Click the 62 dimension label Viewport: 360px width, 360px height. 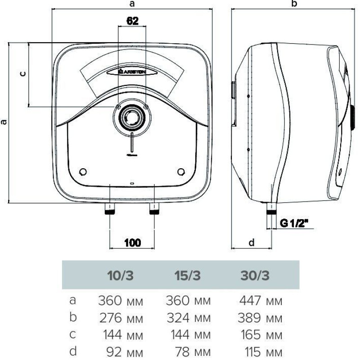point(132,21)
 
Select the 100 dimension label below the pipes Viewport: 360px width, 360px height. point(132,243)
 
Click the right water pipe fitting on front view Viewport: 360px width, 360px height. point(154,209)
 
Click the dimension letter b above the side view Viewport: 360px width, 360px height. point(295,4)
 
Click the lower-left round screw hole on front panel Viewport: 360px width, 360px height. point(82,172)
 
